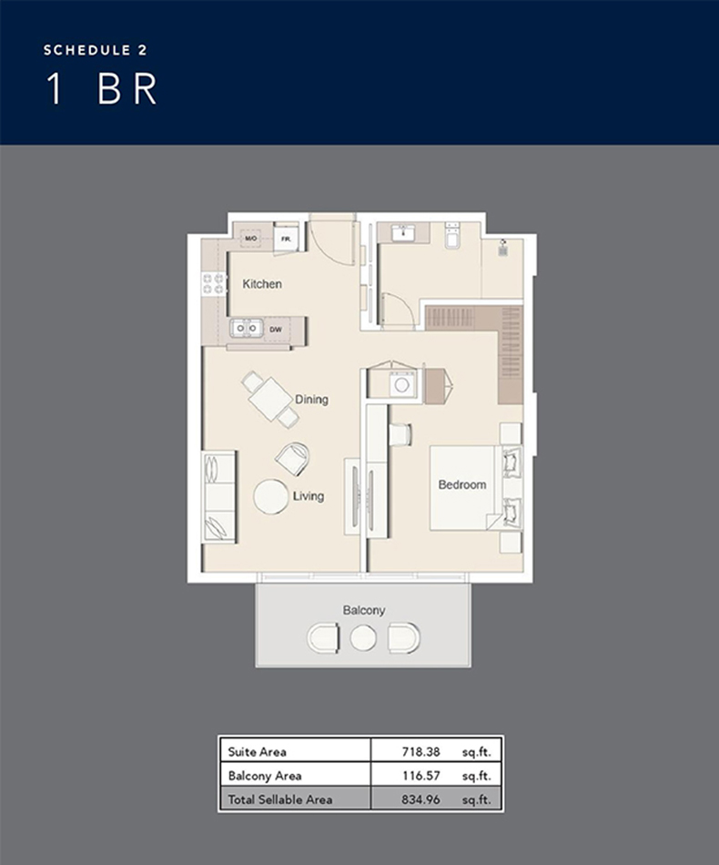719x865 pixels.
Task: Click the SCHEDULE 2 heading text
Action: pyautogui.click(x=95, y=50)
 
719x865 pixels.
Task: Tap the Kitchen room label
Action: pyautogui.click(x=262, y=284)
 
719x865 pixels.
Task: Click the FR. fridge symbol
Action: pyautogui.click(x=286, y=239)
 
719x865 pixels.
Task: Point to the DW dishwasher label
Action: pyautogui.click(x=275, y=328)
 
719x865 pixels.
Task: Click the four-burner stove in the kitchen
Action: pyautogui.click(x=214, y=283)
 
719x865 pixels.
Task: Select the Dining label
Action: pyautogui.click(x=311, y=400)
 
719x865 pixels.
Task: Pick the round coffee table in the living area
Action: pyautogui.click(x=271, y=497)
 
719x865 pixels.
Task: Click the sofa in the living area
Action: pyautogui.click(x=218, y=496)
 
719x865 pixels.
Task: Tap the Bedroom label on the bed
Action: pyautogui.click(x=462, y=484)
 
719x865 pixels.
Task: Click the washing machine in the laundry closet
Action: pyautogui.click(x=401, y=385)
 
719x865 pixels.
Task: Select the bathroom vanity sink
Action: pyautogui.click(x=404, y=234)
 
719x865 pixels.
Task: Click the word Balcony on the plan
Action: pyautogui.click(x=364, y=610)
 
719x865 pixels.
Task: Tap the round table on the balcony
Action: pyautogui.click(x=363, y=638)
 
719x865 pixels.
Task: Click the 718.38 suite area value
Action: pyautogui.click(x=416, y=752)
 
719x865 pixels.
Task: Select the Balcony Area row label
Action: pyautogui.click(x=264, y=776)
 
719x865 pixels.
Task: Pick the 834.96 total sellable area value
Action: pyautogui.click(x=416, y=799)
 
